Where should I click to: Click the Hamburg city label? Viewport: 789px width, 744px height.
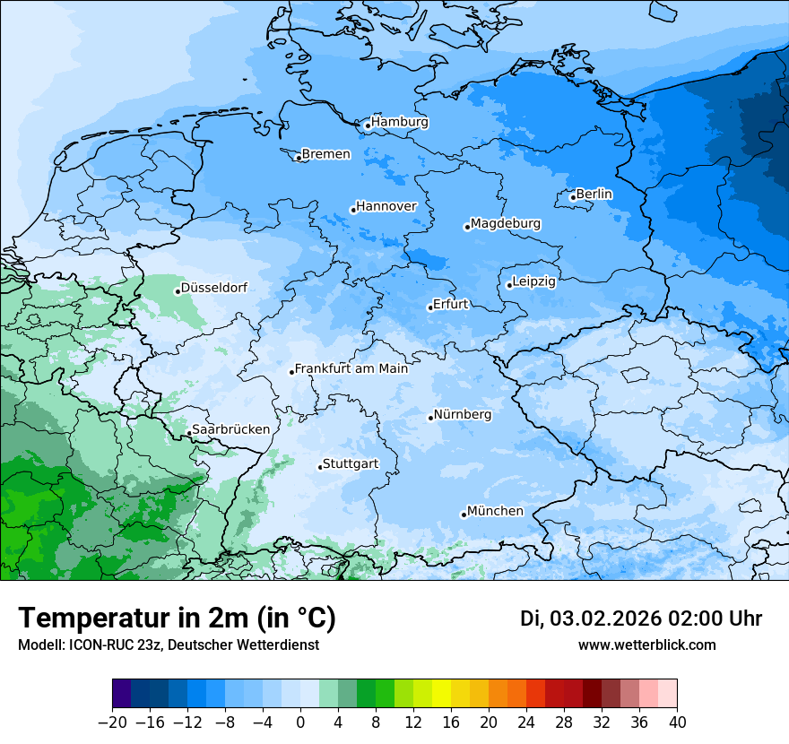(x=400, y=122)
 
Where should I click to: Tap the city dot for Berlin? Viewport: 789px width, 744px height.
(x=573, y=197)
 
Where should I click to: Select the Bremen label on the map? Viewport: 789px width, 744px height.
(x=325, y=154)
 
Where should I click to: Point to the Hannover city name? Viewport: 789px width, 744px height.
(x=386, y=206)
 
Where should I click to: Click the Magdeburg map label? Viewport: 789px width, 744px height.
(x=506, y=223)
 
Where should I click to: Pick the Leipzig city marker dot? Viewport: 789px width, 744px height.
(x=509, y=285)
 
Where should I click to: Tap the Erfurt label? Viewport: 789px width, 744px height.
(x=450, y=304)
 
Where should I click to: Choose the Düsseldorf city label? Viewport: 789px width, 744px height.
(x=213, y=288)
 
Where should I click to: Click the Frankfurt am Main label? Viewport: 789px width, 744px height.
(x=351, y=368)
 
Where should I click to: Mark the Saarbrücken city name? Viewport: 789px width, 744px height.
(x=230, y=429)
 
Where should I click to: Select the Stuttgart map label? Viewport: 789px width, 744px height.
(x=351, y=463)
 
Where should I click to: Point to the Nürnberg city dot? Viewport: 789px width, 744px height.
(x=430, y=418)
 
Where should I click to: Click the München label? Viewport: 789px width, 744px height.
(x=495, y=511)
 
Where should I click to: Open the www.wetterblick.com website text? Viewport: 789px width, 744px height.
(x=646, y=645)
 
